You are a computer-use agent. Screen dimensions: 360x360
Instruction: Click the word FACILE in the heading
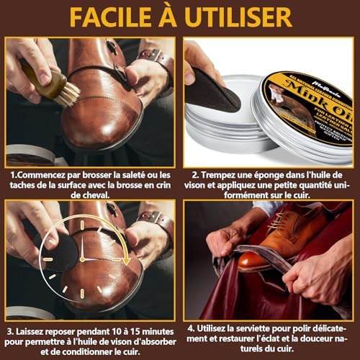(x=107, y=17)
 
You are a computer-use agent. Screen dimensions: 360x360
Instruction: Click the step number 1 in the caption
(x=12, y=174)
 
